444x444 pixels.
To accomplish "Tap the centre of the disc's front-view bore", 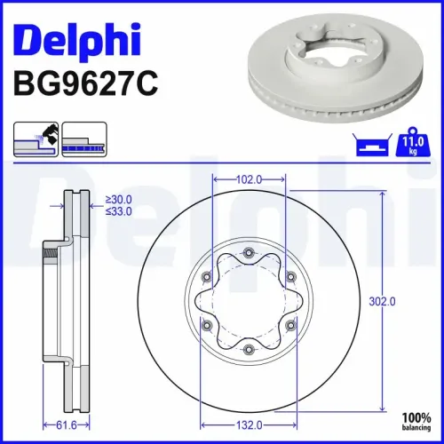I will (x=249, y=302).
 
